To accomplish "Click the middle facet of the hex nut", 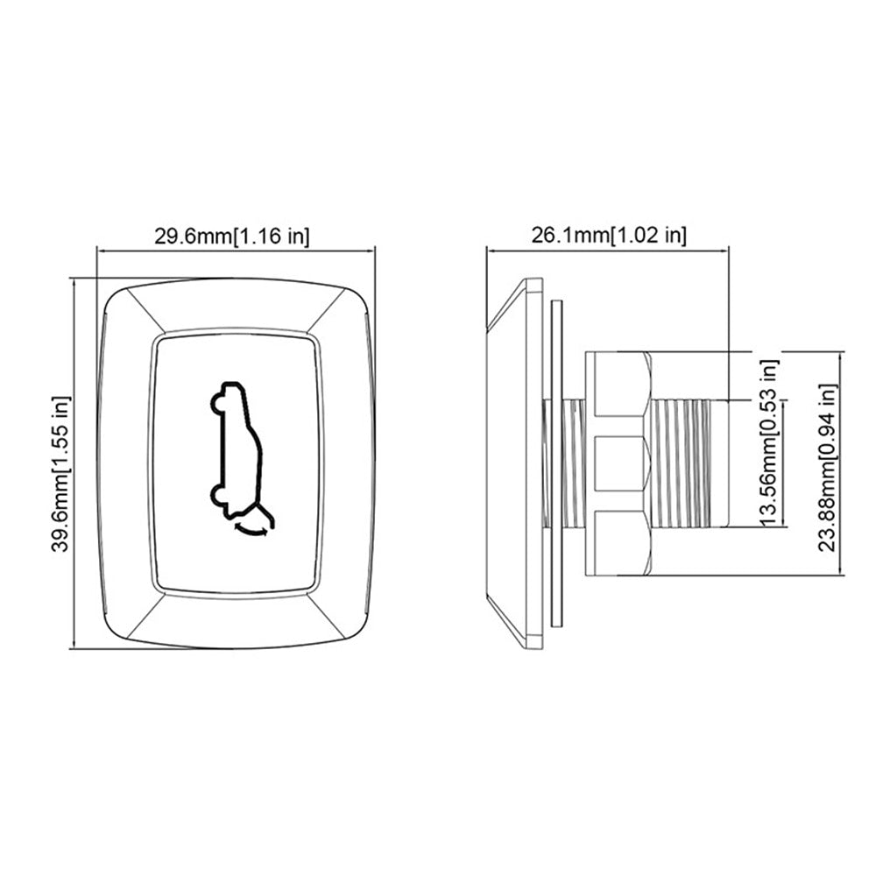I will point(619,464).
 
